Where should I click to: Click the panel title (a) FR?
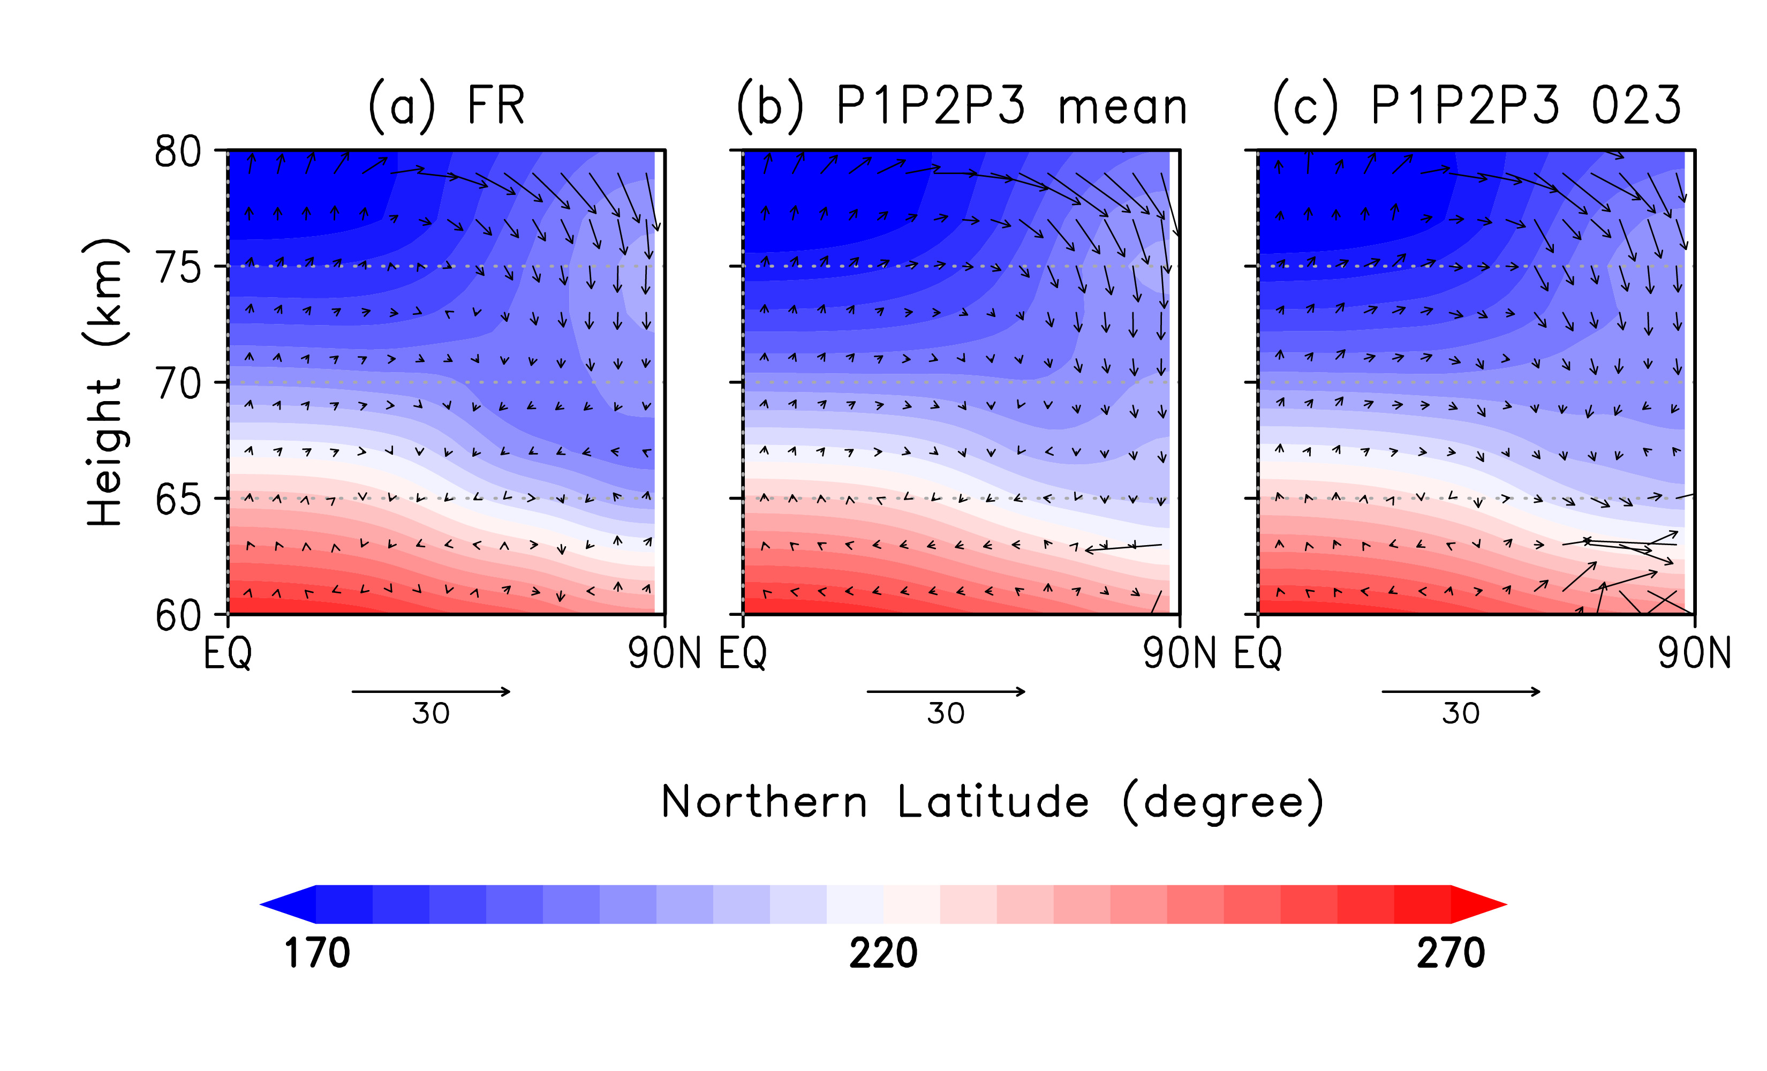(446, 106)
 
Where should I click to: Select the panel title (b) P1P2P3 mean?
(962, 106)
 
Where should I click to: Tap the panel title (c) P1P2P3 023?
(1477, 106)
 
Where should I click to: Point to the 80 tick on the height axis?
(178, 152)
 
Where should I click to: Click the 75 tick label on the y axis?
(178, 269)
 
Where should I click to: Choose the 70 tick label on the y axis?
(178, 384)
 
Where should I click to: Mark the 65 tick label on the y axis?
(178, 500)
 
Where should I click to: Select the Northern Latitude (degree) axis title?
(992, 802)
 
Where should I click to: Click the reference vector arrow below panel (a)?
(431, 691)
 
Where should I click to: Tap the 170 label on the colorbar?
(317, 953)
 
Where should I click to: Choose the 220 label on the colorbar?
(883, 953)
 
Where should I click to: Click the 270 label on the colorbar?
(1450, 953)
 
